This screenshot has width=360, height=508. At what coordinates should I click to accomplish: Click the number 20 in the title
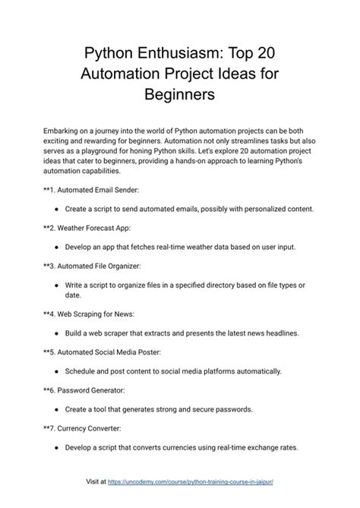pyautogui.click(x=263, y=55)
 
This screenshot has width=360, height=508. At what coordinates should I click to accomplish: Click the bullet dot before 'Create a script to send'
pyautogui.click(x=58, y=207)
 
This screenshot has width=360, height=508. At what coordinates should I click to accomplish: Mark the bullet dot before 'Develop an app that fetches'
pyautogui.click(x=58, y=247)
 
